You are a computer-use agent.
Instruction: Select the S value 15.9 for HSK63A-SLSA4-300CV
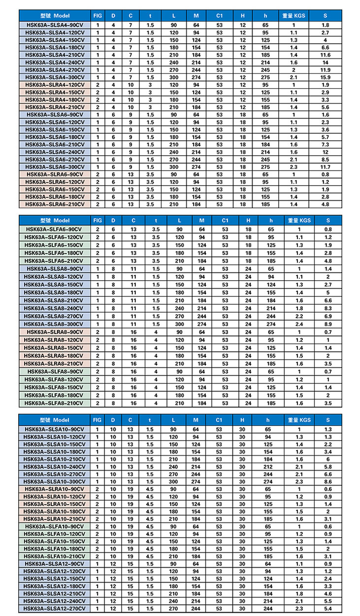[326, 77]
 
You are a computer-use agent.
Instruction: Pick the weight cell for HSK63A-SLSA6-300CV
[294, 167]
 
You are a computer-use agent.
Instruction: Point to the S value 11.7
[326, 167]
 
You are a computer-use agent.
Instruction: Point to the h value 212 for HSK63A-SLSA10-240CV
[268, 466]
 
